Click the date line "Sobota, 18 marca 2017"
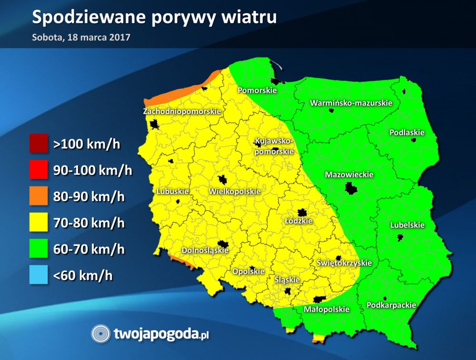81,37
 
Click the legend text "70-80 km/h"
89,223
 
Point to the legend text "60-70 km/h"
89,249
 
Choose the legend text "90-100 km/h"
93,170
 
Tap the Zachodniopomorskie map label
182,111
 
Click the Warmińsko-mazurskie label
351,103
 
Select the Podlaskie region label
407,133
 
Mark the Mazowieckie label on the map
349,175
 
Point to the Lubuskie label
172,191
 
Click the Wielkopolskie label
235,191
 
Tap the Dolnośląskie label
205,250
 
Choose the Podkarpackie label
391,305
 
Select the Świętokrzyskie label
344,263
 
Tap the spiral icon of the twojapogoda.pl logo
100,334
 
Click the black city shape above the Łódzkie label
302,213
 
